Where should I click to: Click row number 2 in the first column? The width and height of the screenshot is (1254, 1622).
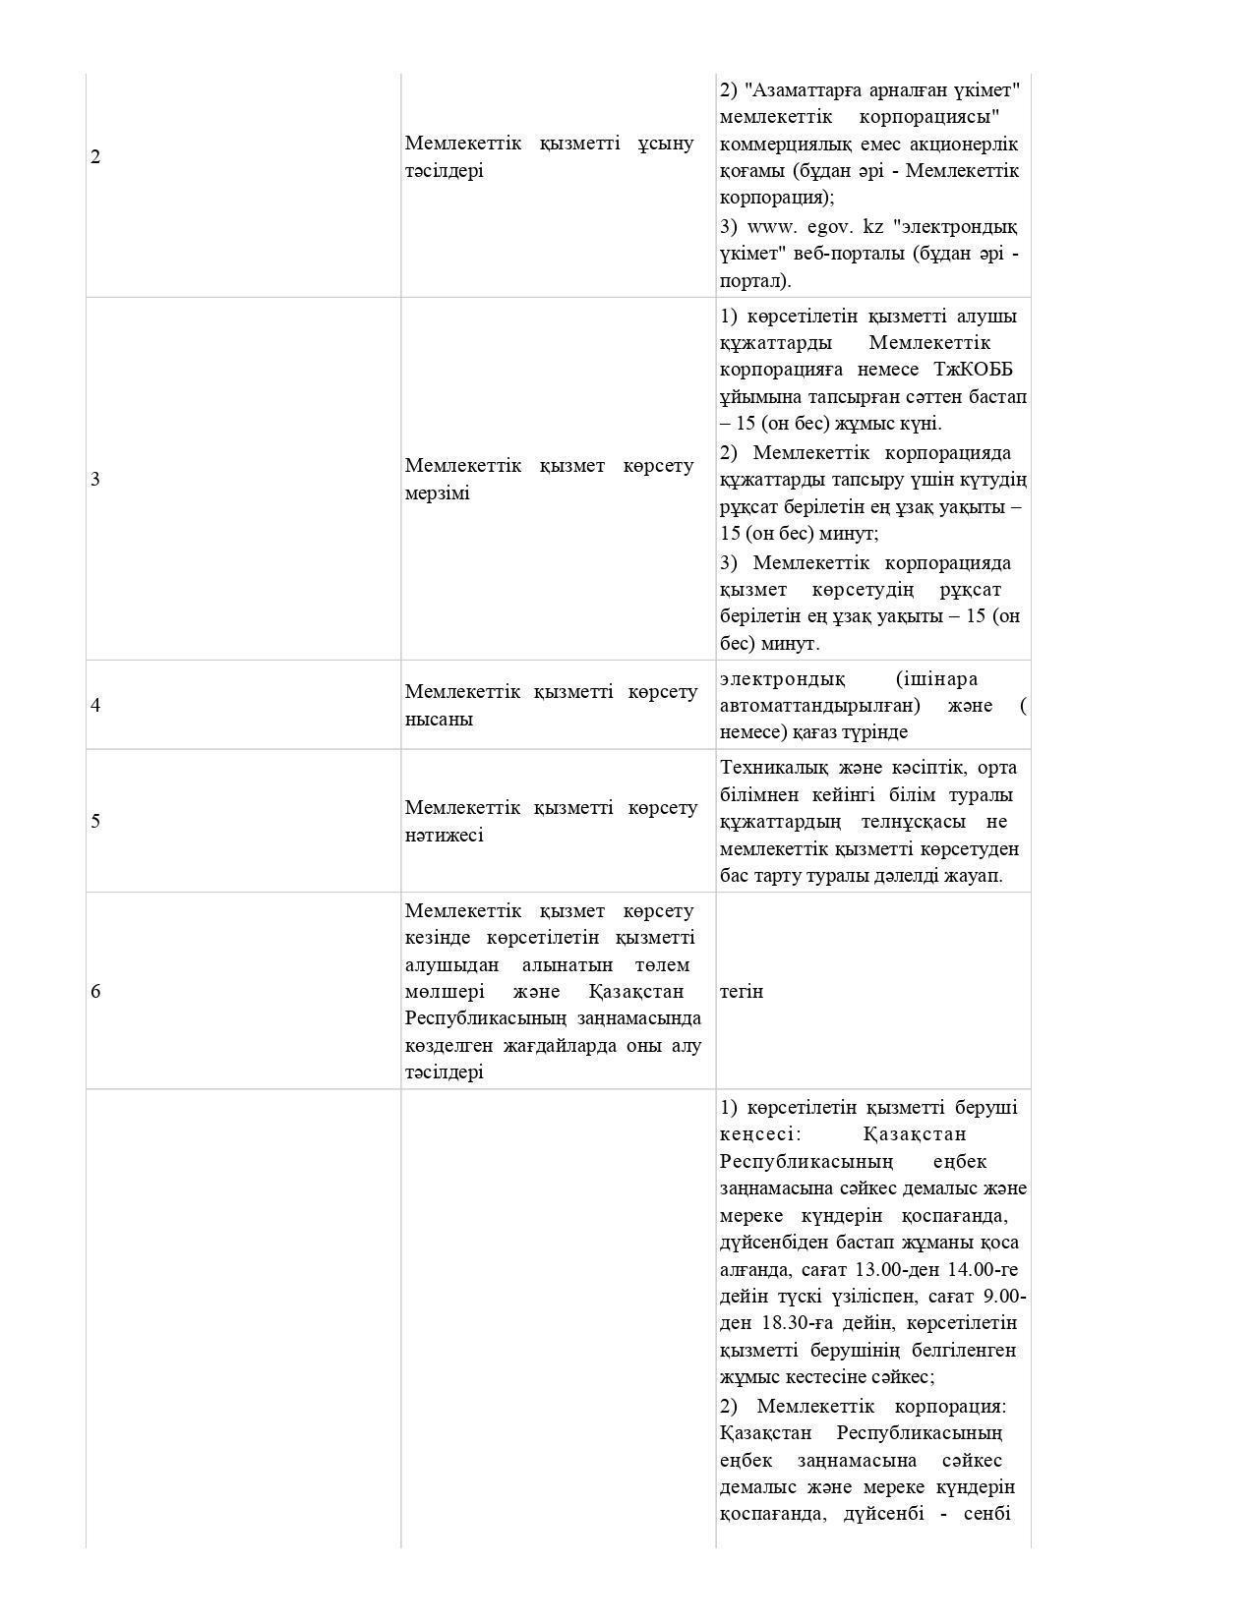click(95, 157)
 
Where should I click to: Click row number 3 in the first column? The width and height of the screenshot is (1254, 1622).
click(95, 480)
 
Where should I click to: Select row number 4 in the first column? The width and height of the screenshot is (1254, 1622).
click(95, 706)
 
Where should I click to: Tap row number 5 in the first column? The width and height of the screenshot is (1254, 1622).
click(95, 822)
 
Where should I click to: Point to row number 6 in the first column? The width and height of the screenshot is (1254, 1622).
click(95, 992)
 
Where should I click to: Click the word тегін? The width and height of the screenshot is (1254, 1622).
click(742, 992)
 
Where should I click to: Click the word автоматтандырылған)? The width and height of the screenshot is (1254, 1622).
click(820, 706)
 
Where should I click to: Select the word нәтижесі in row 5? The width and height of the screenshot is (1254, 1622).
click(445, 836)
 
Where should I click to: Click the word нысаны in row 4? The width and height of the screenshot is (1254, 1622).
click(439, 720)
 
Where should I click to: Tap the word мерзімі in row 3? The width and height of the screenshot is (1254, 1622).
click(438, 493)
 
